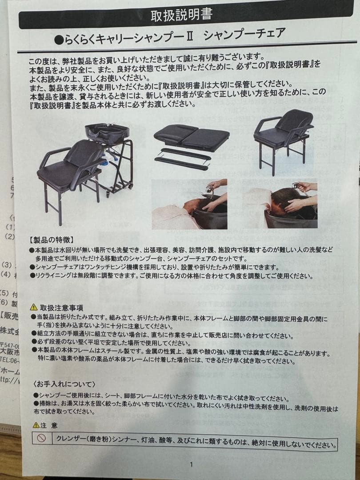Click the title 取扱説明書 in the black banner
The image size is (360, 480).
[181, 16]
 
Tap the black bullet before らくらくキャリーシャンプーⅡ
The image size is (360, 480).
[58, 40]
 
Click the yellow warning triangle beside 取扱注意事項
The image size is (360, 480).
[34, 307]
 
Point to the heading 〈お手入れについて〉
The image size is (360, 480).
[64, 384]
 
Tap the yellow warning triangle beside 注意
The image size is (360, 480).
[36, 425]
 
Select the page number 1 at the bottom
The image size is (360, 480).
[191, 465]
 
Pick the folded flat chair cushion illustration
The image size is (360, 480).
[192, 136]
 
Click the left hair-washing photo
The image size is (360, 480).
[190, 204]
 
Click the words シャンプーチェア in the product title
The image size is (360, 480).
[244, 35]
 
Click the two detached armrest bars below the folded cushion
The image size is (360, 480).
[182, 159]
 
